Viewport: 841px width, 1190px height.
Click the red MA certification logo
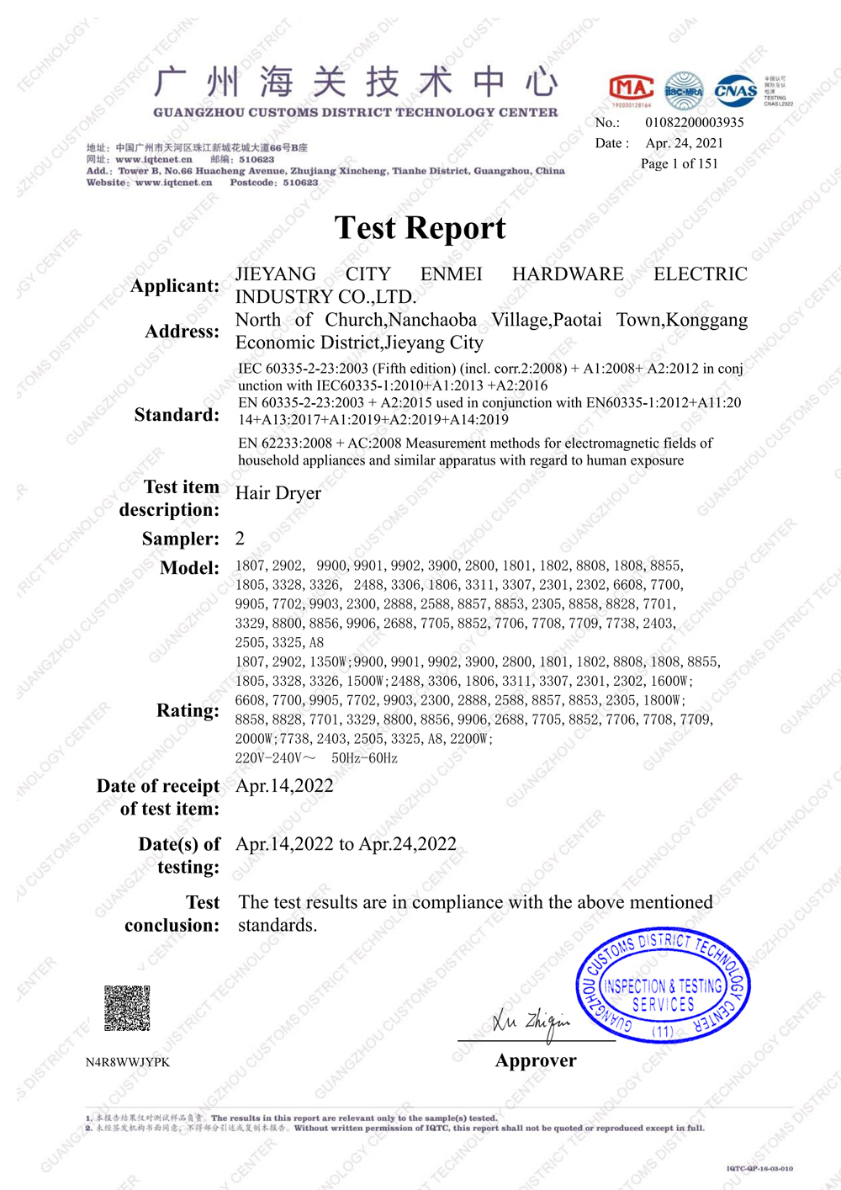631,89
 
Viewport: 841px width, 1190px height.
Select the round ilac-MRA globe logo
684,91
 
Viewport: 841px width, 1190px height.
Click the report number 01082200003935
695,122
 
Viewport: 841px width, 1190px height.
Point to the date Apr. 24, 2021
685,143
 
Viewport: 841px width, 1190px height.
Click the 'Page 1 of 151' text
680,163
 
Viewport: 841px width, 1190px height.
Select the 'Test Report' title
420,228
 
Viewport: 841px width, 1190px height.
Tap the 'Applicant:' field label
175,286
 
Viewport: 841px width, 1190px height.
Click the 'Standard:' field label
177,415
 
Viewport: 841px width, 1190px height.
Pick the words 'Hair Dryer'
278,493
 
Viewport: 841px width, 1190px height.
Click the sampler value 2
241,539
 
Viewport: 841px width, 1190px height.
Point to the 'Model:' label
189,568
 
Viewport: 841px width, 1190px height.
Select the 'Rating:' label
188,711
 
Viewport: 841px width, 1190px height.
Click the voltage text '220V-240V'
269,758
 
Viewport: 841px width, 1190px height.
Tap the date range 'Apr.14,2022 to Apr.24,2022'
346,844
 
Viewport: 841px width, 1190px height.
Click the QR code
127,1008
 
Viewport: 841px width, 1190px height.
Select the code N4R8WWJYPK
128,1062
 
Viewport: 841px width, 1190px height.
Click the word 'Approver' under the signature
536,1060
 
